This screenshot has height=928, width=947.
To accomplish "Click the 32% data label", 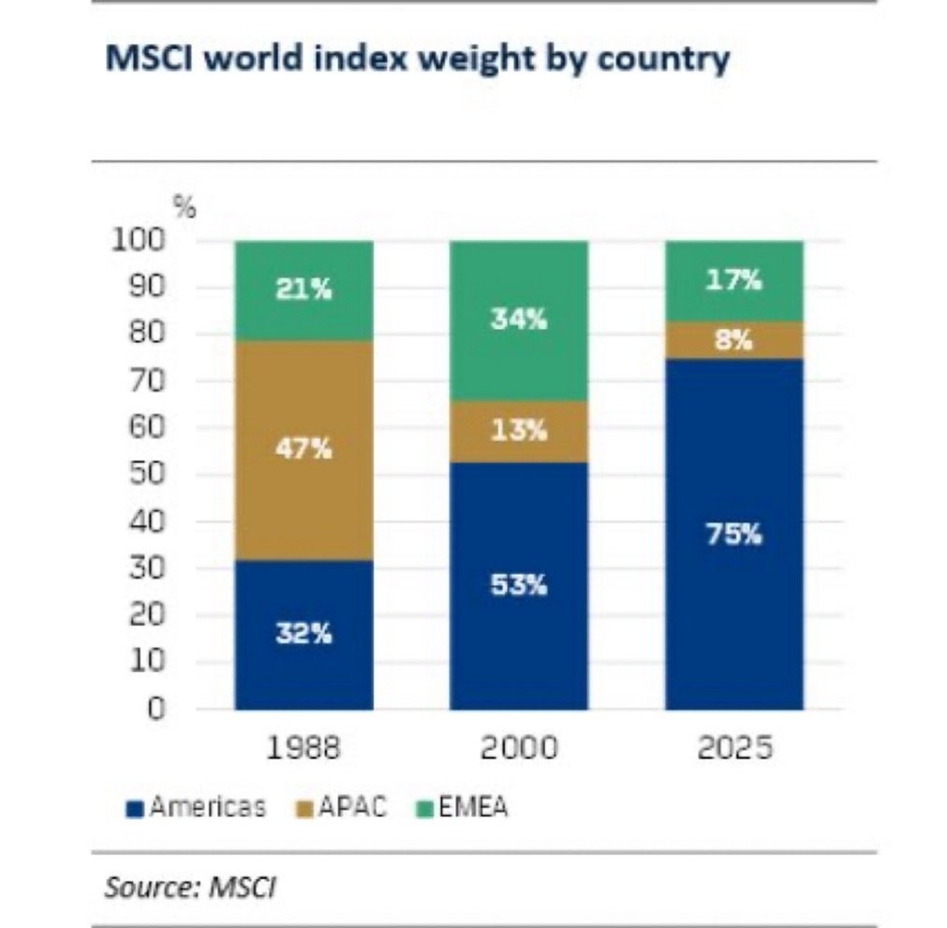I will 304,634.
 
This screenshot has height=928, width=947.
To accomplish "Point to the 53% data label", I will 519,586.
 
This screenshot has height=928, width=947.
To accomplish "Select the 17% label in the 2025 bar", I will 733,280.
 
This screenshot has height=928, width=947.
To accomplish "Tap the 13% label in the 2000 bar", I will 519,430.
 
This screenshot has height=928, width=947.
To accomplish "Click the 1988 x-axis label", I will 304,749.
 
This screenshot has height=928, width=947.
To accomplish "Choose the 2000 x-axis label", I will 519,749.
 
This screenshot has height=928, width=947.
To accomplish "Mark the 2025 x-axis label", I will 733,749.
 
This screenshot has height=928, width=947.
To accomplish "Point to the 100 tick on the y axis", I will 141,241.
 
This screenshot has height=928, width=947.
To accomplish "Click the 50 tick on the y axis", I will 148,475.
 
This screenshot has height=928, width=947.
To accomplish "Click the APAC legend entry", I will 343,807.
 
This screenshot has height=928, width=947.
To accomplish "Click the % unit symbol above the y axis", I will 186,209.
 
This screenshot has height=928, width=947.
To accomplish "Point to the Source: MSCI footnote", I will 190,887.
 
